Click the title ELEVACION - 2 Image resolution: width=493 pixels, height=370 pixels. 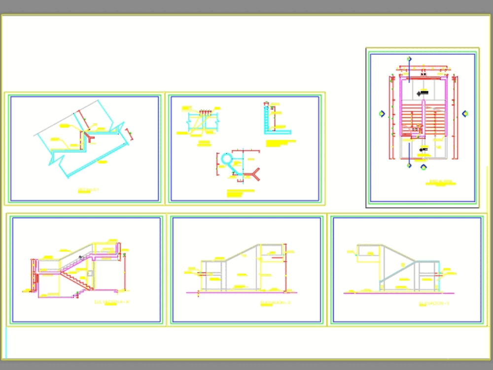275,302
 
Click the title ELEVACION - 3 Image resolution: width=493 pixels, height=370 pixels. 434,303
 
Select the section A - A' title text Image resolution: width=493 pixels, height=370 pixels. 112,302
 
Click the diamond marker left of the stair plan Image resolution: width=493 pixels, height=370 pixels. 382,114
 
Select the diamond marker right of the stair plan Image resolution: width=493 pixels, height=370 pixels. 465,114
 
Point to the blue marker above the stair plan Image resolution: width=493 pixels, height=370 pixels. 409,60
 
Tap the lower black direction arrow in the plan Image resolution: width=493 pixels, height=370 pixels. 423,149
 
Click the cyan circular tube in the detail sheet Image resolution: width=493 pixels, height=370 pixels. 226,159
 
